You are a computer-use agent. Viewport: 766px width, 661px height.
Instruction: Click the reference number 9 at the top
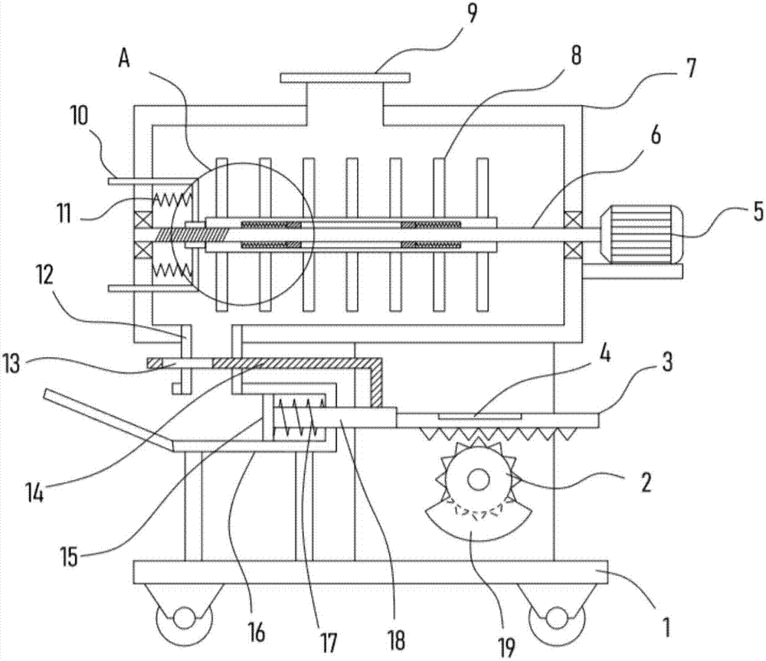coord(471,13)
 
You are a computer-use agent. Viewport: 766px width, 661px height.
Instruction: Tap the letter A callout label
coord(125,60)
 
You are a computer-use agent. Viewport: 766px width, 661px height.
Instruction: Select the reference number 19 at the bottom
coord(506,647)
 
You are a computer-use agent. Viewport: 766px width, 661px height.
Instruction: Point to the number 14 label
coord(34,494)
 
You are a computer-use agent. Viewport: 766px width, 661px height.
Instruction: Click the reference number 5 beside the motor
coord(758,211)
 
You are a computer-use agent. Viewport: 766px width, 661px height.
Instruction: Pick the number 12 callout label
coord(44,276)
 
